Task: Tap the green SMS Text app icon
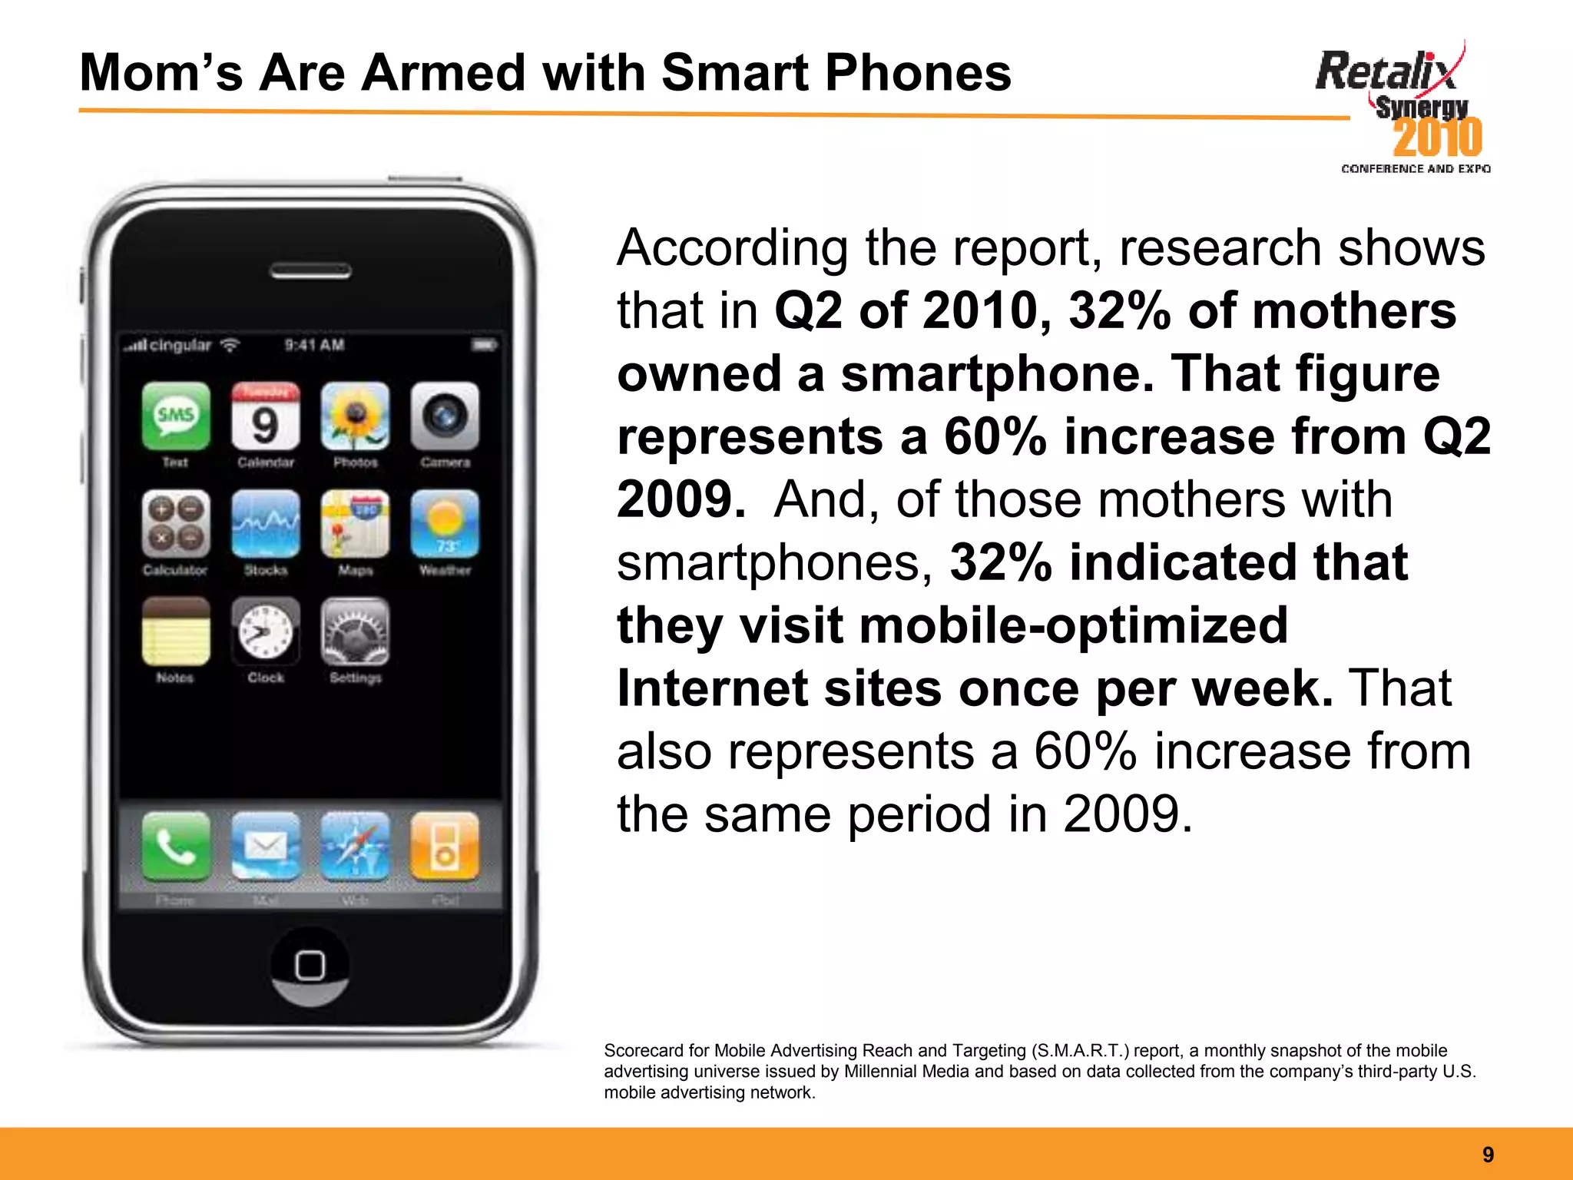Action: pyautogui.click(x=176, y=416)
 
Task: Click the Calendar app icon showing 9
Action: pyautogui.click(x=266, y=416)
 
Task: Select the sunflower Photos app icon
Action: pyautogui.click(x=355, y=416)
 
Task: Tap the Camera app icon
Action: pyautogui.click(x=445, y=416)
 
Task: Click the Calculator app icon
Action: pyautogui.click(x=176, y=523)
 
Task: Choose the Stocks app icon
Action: pyautogui.click(x=266, y=523)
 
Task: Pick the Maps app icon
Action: pyautogui.click(x=355, y=523)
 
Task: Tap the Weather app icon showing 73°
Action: pyautogui.click(x=445, y=523)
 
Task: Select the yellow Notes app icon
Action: pyautogui.click(x=176, y=631)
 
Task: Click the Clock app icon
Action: pyautogui.click(x=266, y=631)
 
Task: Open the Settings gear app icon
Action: pyautogui.click(x=355, y=631)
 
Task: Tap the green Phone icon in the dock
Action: pyautogui.click(x=176, y=846)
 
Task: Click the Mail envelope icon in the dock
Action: pyautogui.click(x=266, y=846)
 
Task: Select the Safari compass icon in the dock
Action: pyautogui.click(x=355, y=846)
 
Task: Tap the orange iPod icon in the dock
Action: pyautogui.click(x=445, y=846)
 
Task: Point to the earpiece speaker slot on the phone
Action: pyautogui.click(x=310, y=271)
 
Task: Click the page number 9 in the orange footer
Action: pyautogui.click(x=1488, y=1155)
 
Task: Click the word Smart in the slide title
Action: pyautogui.click(x=734, y=73)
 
